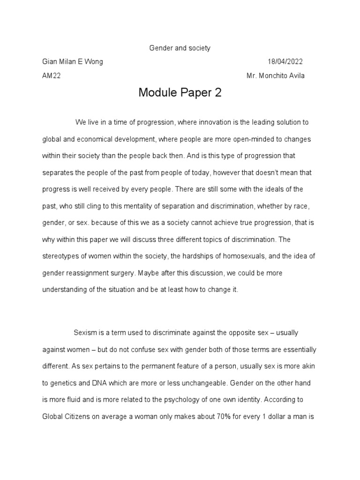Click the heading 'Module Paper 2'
(180, 93)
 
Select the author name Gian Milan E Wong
(73, 62)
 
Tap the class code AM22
(51, 76)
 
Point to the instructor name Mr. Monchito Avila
(275, 76)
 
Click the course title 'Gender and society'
(180, 48)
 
